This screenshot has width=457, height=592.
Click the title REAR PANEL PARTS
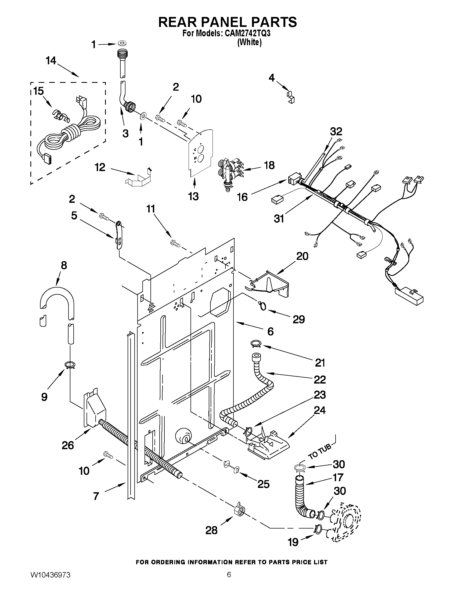point(227,22)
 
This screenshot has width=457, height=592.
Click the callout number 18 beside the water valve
point(269,165)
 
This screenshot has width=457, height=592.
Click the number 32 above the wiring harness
point(336,132)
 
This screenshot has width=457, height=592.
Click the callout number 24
point(320,410)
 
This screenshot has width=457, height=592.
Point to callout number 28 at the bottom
point(211,530)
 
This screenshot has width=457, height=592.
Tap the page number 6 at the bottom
point(229,581)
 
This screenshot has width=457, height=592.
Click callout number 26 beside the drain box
point(68,445)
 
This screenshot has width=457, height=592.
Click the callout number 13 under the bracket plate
point(193,196)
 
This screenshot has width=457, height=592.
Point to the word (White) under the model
point(249,42)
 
